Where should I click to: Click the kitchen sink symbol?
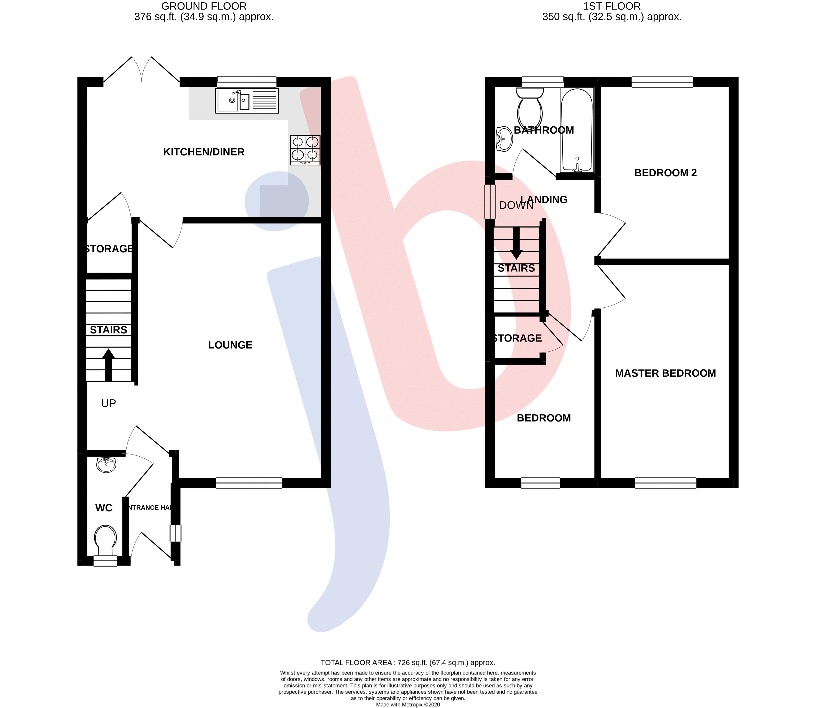(x=247, y=101)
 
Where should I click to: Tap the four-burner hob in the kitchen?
(x=305, y=150)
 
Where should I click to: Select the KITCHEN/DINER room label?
(x=204, y=152)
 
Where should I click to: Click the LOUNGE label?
(x=230, y=345)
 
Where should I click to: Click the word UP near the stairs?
(x=108, y=403)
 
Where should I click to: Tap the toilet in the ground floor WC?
(x=106, y=540)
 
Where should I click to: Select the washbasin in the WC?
(x=106, y=465)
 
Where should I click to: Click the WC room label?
(x=104, y=508)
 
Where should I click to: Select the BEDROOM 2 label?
(x=665, y=173)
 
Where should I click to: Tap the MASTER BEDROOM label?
(x=665, y=373)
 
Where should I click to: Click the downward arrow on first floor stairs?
(x=516, y=243)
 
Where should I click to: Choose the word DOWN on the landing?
(x=516, y=205)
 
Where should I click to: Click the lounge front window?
(x=249, y=483)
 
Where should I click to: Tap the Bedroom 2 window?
(x=662, y=82)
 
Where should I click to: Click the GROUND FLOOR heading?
(x=204, y=6)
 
